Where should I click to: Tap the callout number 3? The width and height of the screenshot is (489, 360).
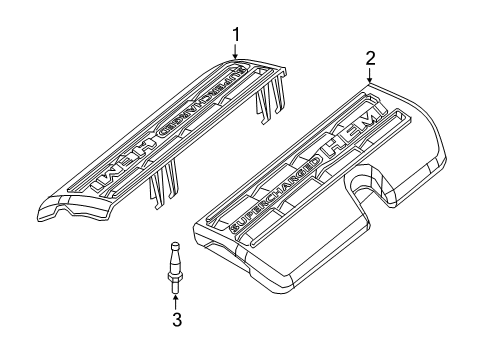click(x=178, y=320)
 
